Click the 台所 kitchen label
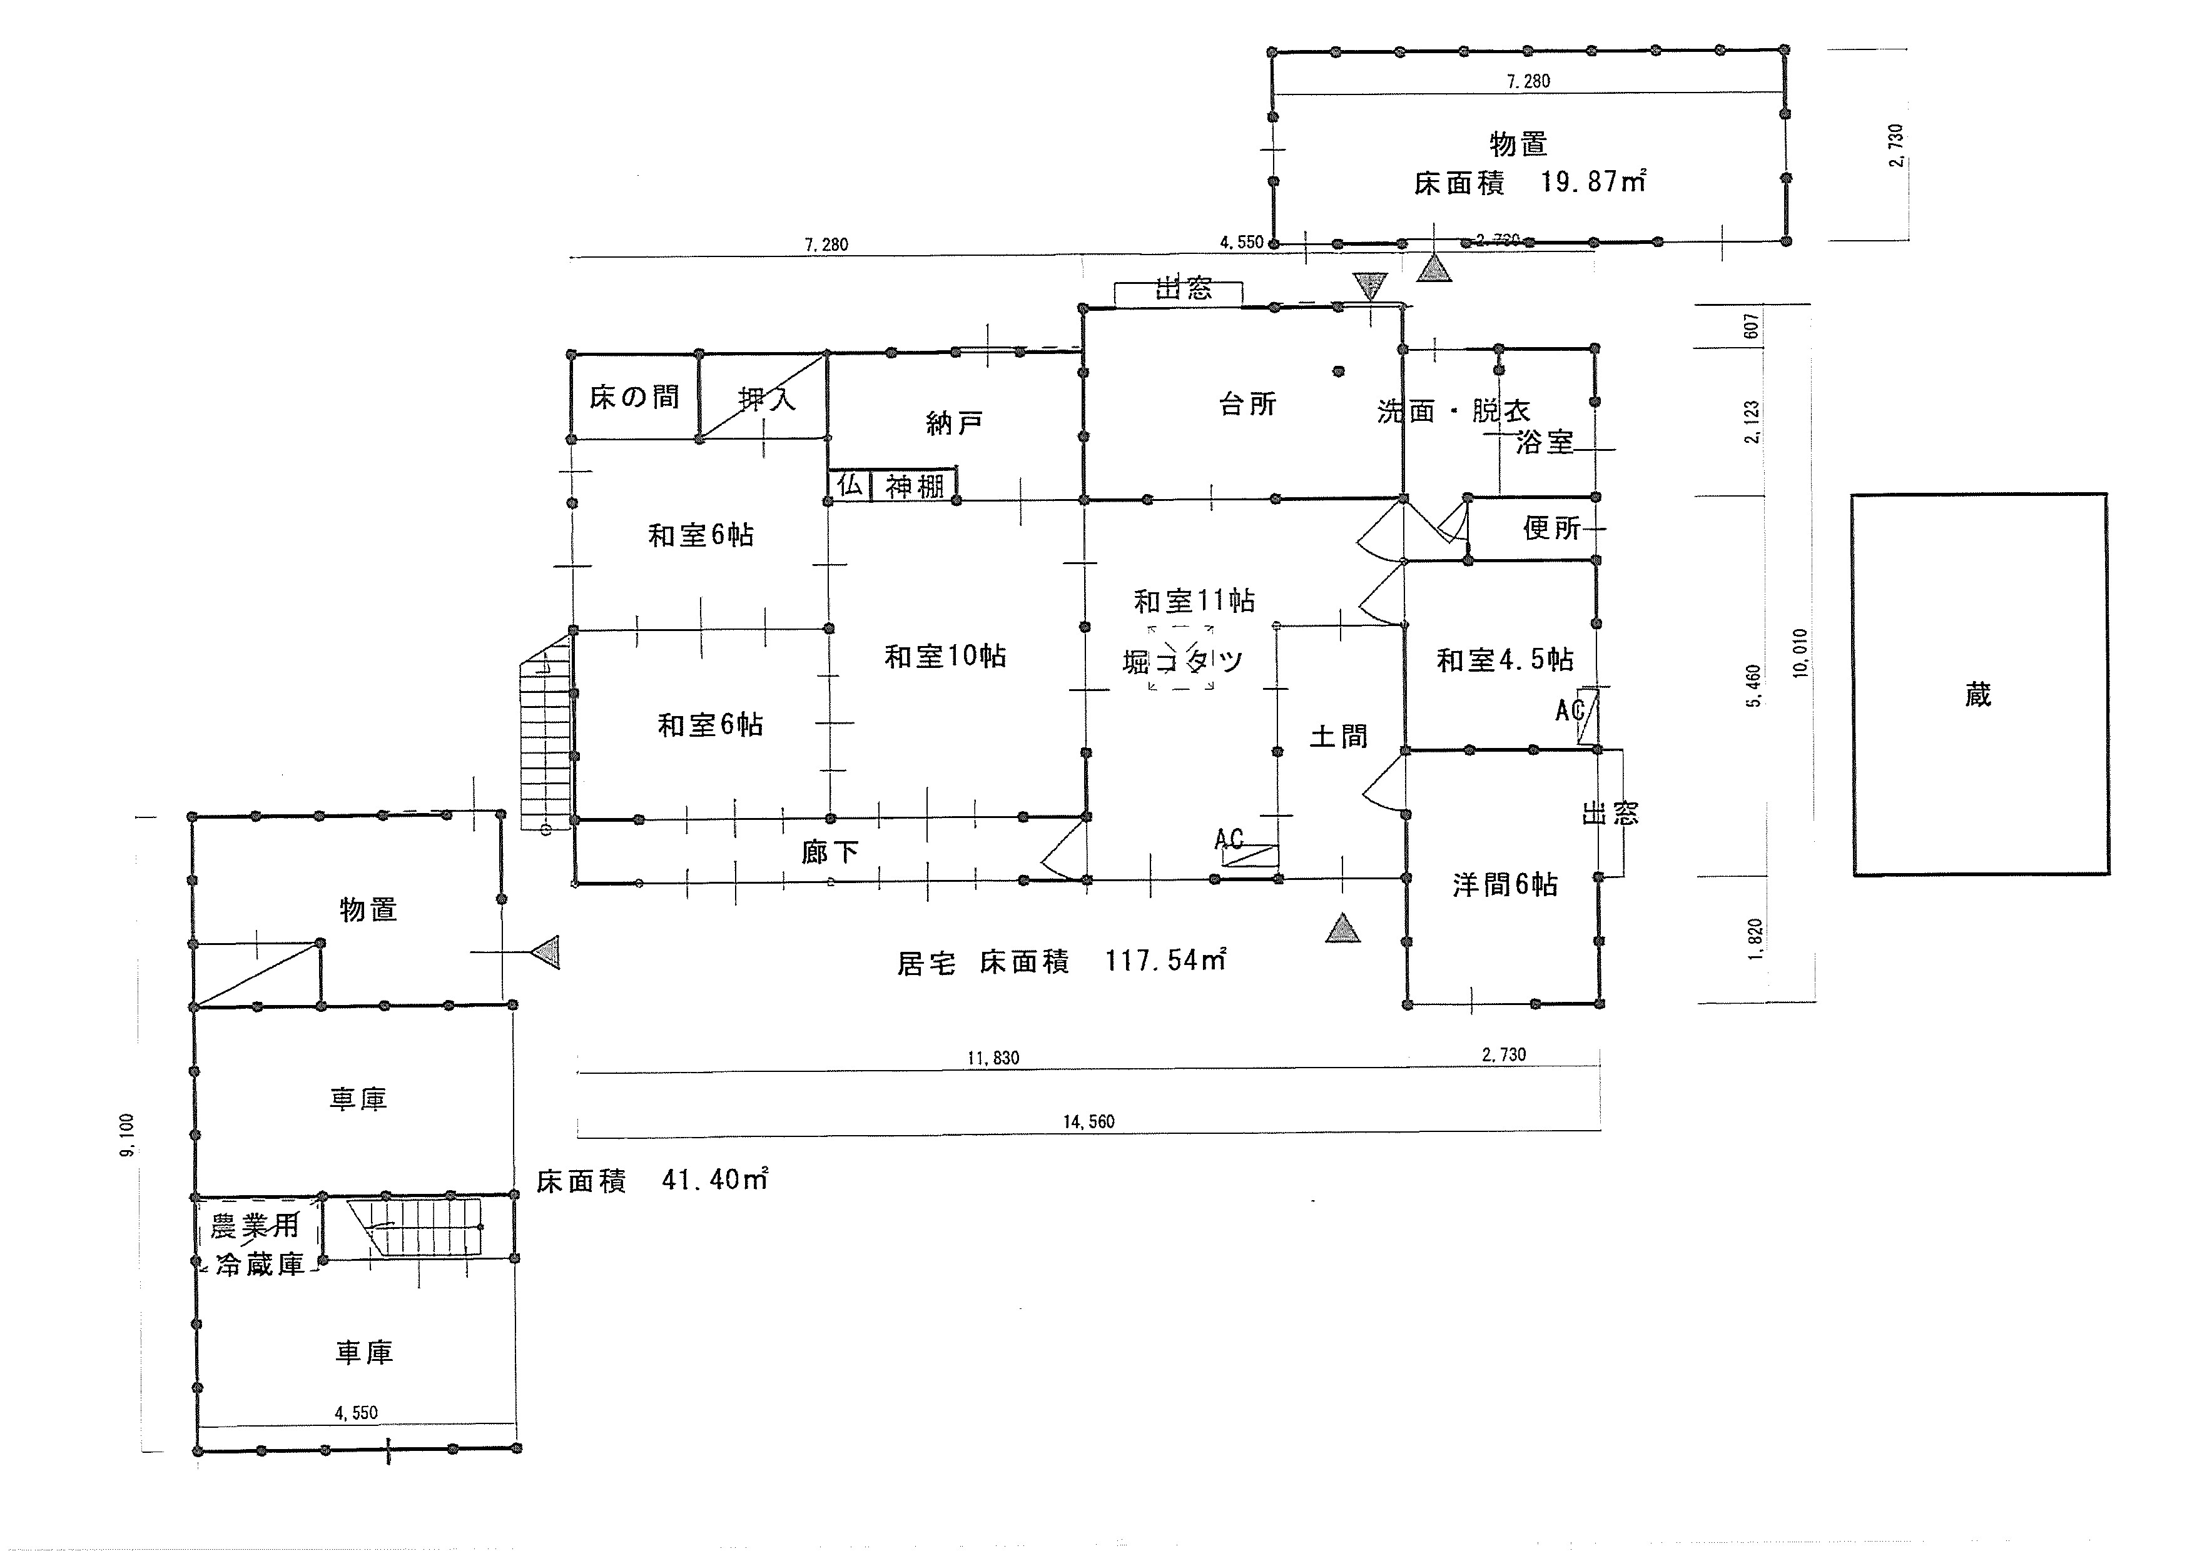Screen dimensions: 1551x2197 1247,404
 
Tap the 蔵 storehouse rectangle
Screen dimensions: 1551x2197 1979,685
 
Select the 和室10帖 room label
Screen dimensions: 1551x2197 945,657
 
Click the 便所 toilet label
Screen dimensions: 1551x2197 1551,527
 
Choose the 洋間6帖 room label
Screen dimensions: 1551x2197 1504,884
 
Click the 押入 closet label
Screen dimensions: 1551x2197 766,398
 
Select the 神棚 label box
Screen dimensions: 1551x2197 914,486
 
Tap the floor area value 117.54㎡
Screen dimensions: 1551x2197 1165,960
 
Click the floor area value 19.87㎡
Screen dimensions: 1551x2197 1592,181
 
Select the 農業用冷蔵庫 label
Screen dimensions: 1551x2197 256,1244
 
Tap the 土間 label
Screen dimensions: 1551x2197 1337,736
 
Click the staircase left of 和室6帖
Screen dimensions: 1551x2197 544,732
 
